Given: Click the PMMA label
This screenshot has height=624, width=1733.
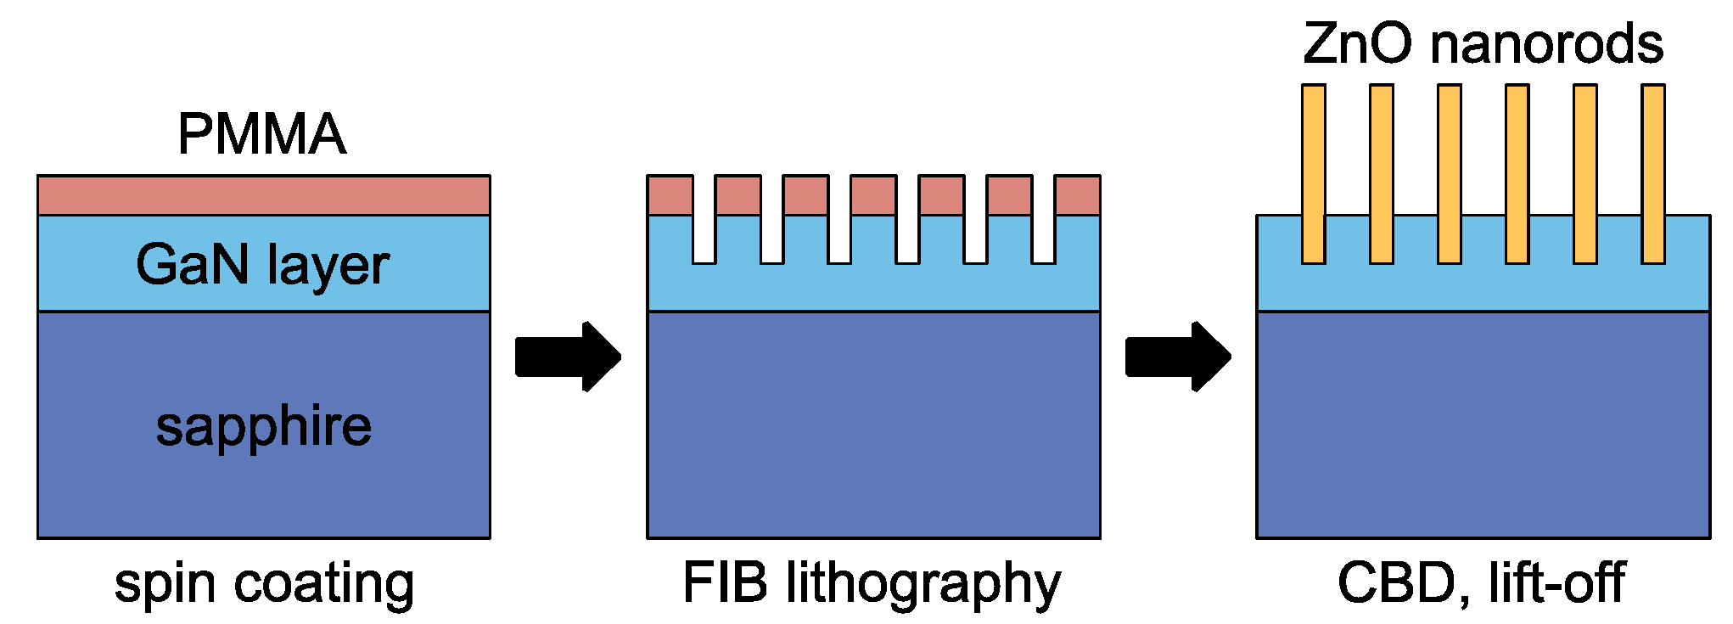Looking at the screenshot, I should coord(261,134).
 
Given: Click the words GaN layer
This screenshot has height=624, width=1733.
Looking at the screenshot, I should coord(262,265).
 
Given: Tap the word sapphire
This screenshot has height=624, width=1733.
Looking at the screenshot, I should coord(263,426).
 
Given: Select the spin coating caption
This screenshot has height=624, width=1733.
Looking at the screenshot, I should coord(264,584).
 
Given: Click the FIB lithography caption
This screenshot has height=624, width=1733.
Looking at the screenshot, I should coord(872,584).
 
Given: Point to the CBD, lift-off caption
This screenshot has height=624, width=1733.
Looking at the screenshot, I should coord(1481,584).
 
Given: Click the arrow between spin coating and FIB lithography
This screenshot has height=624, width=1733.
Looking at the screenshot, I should coord(567,357).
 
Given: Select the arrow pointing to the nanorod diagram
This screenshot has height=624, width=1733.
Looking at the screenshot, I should coord(1177,357).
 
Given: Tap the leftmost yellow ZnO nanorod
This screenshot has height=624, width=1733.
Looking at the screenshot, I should coord(1313,174).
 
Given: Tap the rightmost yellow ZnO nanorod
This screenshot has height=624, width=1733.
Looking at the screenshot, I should coord(1652,174).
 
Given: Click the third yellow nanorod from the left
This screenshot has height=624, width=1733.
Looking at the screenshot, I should coord(1449,174).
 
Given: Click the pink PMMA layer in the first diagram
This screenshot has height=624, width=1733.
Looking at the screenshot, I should coord(263,195).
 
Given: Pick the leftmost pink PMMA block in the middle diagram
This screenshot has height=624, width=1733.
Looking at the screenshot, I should coord(670,195).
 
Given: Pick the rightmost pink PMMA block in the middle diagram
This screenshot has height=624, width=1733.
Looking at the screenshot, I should coord(1077,195).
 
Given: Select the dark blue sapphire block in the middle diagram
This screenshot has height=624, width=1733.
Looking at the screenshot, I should coord(873,424).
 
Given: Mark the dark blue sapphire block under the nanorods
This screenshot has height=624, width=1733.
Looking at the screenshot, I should coord(1483,424).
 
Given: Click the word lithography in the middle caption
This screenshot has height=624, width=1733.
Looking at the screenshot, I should coord(923,584).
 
